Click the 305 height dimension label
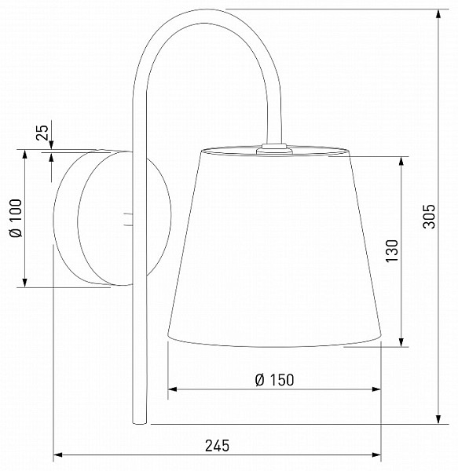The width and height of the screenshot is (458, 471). [429, 217]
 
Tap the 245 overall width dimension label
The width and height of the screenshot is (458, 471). [217, 445]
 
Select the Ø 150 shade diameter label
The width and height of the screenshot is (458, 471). [274, 380]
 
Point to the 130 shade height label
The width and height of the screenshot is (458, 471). [391, 251]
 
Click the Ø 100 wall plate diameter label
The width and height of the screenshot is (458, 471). [16, 217]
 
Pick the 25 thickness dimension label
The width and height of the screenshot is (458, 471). [42, 133]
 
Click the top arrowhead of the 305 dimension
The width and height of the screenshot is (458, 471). [439, 13]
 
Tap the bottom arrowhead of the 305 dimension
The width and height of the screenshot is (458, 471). [439, 420]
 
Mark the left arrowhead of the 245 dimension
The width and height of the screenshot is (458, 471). [57, 455]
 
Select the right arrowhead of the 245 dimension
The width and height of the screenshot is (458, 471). [376, 455]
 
